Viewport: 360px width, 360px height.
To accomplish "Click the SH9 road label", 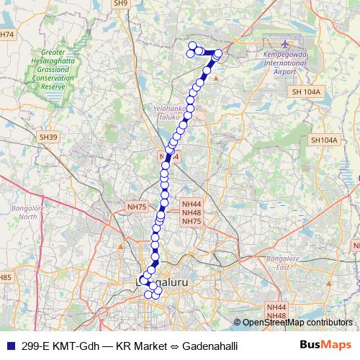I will click(x=120, y=4).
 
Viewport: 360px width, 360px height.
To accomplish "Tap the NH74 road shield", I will click(x=7, y=35).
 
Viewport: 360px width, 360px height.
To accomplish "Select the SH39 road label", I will click(x=48, y=136).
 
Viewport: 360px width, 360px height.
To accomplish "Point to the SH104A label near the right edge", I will click(x=324, y=140).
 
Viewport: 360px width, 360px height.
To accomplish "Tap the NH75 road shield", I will click(x=136, y=207).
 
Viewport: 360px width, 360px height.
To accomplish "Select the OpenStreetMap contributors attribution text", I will click(x=297, y=322).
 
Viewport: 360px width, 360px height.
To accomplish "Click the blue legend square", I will click(x=9, y=346).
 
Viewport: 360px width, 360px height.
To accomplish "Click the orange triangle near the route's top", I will click(x=215, y=78).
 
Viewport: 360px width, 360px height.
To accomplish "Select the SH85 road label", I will click(x=6, y=277).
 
